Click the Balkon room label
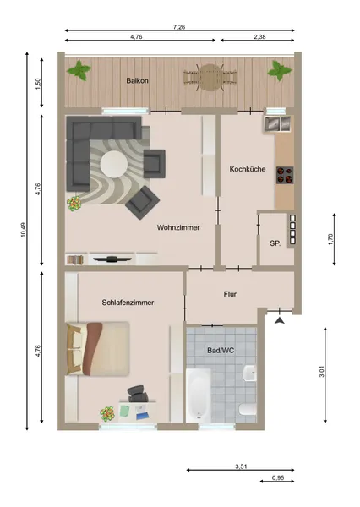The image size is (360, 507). [x=138, y=81]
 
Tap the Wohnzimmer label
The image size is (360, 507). [x=177, y=226]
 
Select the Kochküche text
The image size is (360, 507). [x=248, y=169]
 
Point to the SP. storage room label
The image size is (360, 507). [x=275, y=243]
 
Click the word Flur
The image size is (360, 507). [x=230, y=295]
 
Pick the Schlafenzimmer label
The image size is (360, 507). [x=126, y=302]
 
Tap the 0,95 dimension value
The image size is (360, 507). [x=278, y=478]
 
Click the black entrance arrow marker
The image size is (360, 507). [x=281, y=319]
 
